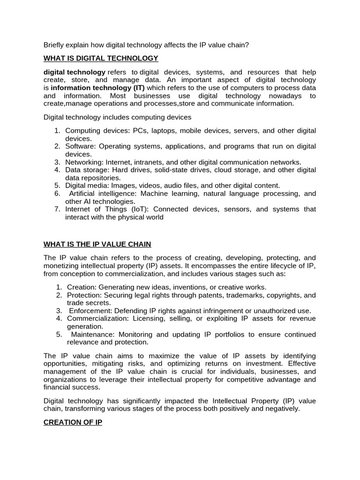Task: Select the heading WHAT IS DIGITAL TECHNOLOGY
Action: click(101, 58)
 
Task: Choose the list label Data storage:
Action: click(86, 170)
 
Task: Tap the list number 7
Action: click(57, 209)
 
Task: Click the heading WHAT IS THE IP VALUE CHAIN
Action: click(97, 244)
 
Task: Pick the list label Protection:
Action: click(85, 295)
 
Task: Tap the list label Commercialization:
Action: click(97, 318)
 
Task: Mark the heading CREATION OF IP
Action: click(73, 422)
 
